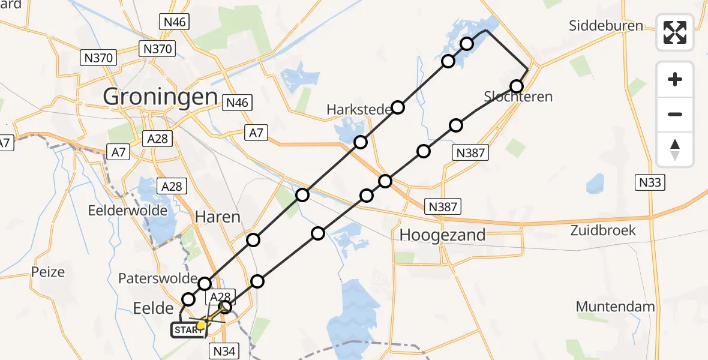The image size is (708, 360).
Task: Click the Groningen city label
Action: point(160,96)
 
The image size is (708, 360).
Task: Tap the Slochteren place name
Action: point(518,97)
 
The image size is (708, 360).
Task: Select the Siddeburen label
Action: point(606,26)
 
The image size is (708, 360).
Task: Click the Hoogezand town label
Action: point(442,235)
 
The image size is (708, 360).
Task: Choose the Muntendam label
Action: point(615,307)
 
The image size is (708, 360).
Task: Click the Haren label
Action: point(218,217)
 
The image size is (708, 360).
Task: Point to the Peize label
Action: point(48,272)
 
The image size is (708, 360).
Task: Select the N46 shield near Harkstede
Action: point(237,103)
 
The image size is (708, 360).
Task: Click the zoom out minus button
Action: point(675,114)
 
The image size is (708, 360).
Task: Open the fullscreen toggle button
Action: point(675,32)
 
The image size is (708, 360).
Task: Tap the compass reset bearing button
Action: point(675,149)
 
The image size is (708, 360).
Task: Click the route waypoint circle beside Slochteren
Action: point(517,86)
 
